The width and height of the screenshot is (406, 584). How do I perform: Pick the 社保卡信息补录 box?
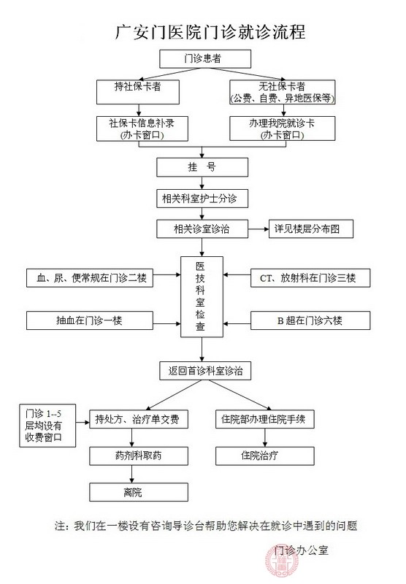[x=137, y=128]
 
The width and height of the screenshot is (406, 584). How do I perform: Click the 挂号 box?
[x=204, y=167]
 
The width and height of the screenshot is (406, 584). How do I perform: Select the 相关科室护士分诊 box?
[x=204, y=198]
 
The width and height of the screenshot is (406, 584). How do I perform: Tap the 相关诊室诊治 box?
[x=204, y=229]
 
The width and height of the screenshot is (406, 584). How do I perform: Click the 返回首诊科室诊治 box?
[x=204, y=370]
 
